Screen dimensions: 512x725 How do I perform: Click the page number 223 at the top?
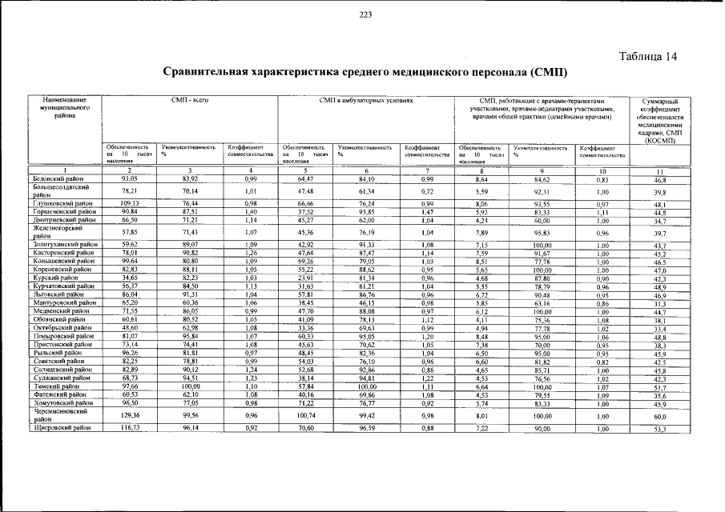(x=365, y=15)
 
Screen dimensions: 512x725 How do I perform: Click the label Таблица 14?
(x=650, y=56)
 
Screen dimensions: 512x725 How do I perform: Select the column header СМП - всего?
(x=189, y=102)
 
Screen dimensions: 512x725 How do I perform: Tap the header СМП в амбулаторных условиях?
(x=365, y=102)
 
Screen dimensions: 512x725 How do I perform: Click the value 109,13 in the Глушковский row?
(x=129, y=203)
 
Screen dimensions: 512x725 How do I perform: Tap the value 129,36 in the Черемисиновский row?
(x=129, y=416)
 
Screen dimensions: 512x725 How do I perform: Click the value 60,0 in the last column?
(x=660, y=417)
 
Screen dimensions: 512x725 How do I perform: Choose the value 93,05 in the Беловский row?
(x=129, y=179)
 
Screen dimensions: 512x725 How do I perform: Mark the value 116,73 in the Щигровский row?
(x=129, y=429)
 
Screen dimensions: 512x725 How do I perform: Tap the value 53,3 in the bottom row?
(x=660, y=430)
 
